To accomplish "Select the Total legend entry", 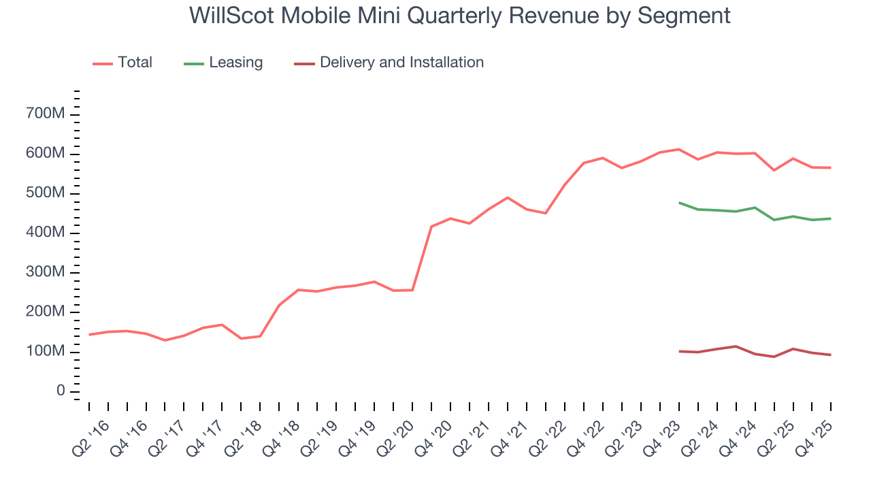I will (134, 63).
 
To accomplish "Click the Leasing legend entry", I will (235, 63).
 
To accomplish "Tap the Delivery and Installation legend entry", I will (401, 63).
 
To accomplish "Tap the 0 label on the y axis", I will (61, 391).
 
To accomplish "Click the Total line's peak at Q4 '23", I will (678, 149).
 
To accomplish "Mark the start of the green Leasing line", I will (679, 203).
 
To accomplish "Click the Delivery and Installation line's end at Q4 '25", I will (830, 355).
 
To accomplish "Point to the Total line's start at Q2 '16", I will (89, 335).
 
